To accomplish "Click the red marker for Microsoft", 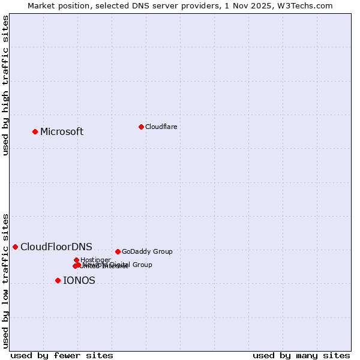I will (x=35, y=131).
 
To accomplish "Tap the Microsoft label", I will (x=62, y=132).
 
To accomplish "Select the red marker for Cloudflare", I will (x=141, y=127).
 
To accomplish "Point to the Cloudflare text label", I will (x=161, y=127).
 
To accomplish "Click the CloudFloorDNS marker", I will (x=15, y=247).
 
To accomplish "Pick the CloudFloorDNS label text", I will (x=56, y=247).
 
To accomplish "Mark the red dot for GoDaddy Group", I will (x=118, y=251).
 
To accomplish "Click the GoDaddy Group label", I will (x=147, y=252).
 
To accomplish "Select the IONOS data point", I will (x=58, y=280).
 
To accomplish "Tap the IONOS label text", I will (x=79, y=281).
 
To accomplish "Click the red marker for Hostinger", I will (x=76, y=260).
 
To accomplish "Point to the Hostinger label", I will (x=95, y=260).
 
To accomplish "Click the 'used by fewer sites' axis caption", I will (x=62, y=355).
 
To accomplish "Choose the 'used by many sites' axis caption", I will (x=301, y=355).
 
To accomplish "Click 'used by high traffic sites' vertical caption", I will (x=5, y=85).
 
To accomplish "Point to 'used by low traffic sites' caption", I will (x=5, y=280).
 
